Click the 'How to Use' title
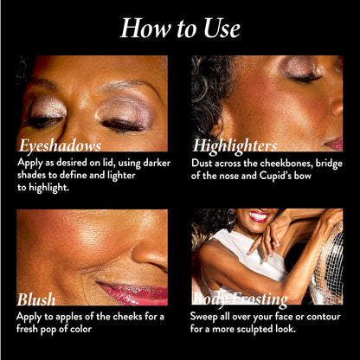pyautogui.click(x=180, y=28)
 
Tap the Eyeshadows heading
pyautogui.click(x=60, y=145)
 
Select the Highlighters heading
pyautogui.click(x=235, y=145)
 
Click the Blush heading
pyautogui.click(x=36, y=299)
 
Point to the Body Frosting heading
pyautogui.click(x=240, y=299)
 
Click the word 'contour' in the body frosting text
pyautogui.click(x=324, y=317)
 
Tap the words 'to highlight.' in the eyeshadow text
pyautogui.click(x=43, y=188)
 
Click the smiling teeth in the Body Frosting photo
pyautogui.click(x=259, y=215)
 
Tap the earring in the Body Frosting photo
pyautogui.click(x=231, y=216)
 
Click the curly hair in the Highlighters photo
pyautogui.click(x=210, y=95)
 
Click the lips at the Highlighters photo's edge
pyautogui.click(x=334, y=143)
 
